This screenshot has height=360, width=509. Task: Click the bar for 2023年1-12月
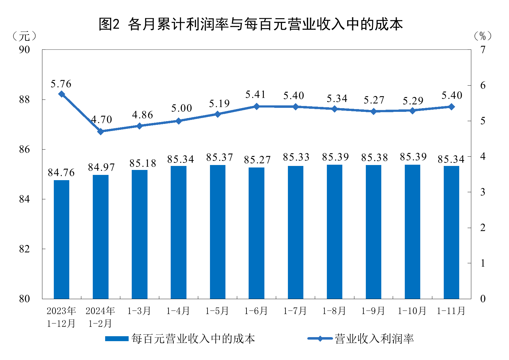[62, 239]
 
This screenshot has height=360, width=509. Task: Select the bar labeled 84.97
[101, 237]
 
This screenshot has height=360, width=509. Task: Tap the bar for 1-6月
[257, 233]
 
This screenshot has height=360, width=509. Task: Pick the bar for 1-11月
[451, 232]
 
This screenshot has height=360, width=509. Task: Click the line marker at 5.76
[62, 94]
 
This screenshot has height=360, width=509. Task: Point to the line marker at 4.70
[101, 131]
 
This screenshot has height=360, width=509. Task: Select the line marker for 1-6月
[257, 106]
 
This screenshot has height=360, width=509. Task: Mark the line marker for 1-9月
[374, 111]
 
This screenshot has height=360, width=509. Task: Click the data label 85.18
[143, 163]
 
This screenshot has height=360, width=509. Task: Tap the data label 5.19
[219, 104]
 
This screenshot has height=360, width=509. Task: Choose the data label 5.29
[413, 101]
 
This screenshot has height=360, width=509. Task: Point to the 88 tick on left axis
[24, 100]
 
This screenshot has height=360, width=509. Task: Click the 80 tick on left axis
[24, 299]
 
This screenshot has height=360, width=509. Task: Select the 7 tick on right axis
[483, 49]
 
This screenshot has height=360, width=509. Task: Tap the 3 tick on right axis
[483, 192]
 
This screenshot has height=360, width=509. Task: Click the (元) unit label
[24, 36]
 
